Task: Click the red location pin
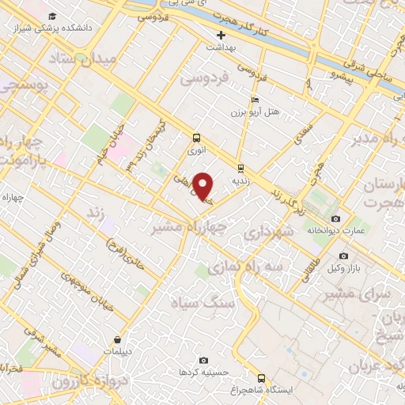[x=203, y=185]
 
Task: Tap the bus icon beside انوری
[x=195, y=138]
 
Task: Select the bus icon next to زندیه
[x=240, y=168]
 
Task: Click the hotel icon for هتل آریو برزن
[x=253, y=100]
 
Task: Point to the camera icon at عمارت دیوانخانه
[x=335, y=218]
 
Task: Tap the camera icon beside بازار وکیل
[x=343, y=255]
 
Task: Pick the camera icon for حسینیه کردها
[x=203, y=361]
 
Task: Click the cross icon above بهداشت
[x=221, y=35]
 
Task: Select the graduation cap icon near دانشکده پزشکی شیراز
[x=52, y=16]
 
